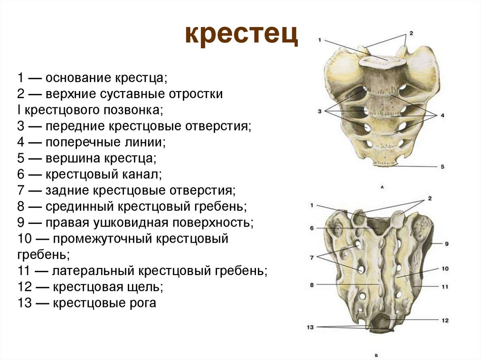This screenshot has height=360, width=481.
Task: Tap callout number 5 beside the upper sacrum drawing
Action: [x=442, y=167]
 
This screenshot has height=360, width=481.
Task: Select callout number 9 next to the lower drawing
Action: [x=447, y=244]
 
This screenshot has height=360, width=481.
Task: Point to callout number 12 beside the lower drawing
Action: [x=445, y=320]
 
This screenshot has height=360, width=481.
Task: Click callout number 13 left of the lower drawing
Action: [x=310, y=327]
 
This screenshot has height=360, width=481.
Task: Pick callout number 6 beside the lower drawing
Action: [x=311, y=228]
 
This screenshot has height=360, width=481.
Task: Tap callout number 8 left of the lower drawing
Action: [x=311, y=284]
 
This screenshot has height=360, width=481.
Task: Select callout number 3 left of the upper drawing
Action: [x=319, y=111]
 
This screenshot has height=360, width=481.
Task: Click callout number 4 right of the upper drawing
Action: [x=442, y=115]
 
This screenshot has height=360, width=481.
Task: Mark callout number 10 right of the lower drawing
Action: [x=445, y=269]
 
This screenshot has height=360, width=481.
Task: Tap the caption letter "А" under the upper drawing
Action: [x=382, y=187]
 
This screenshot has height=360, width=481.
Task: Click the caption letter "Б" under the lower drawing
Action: [x=378, y=355]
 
